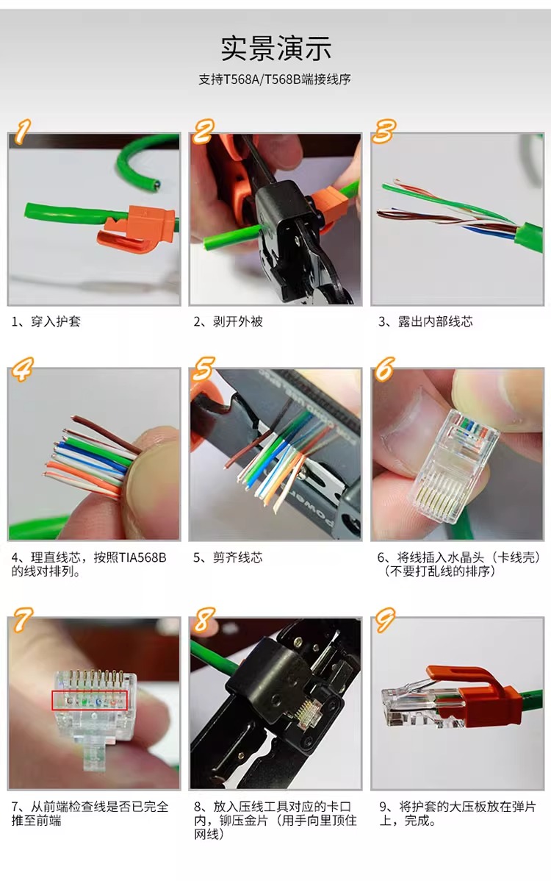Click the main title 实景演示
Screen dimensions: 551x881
[275, 49]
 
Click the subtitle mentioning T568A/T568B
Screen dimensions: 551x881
[274, 79]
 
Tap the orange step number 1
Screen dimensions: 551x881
[22, 132]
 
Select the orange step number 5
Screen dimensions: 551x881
[203, 369]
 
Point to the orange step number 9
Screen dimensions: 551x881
[385, 619]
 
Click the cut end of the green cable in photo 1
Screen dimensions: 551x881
[156, 183]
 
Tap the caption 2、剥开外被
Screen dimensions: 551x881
[228, 322]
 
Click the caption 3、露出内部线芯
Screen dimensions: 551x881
[425, 322]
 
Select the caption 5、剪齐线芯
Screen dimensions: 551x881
[228, 558]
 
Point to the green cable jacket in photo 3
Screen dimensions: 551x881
[530, 236]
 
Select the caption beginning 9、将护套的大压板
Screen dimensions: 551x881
[457, 813]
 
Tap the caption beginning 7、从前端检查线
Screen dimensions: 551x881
[90, 813]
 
